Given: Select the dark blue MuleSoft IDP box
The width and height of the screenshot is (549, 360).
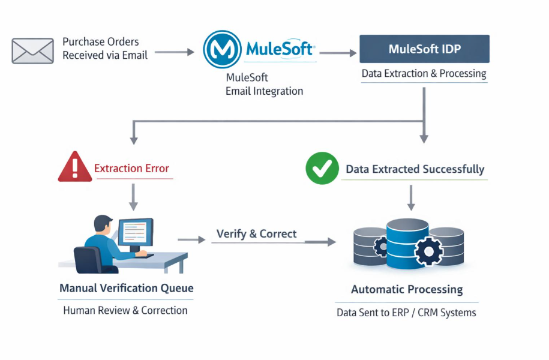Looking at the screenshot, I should pyautogui.click(x=424, y=49).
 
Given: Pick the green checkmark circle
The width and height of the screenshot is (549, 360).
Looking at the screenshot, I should pyautogui.click(x=322, y=168).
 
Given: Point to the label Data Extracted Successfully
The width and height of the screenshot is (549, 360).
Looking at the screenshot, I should pyautogui.click(x=415, y=169).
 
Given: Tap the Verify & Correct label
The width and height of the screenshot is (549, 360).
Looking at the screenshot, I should pyautogui.click(x=256, y=234).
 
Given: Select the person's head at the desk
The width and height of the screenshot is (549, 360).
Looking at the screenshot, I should pyautogui.click(x=103, y=226).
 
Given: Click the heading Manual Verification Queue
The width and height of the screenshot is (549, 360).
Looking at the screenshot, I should pyautogui.click(x=126, y=289).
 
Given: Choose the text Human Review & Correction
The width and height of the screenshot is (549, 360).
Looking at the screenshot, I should pyautogui.click(x=125, y=310).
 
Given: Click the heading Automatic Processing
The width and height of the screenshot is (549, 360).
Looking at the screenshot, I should pyautogui.click(x=407, y=290).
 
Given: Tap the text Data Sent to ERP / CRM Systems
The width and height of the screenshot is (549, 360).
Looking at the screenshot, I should pyautogui.click(x=406, y=313).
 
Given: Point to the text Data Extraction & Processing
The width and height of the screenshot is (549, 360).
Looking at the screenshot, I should pyautogui.click(x=424, y=74).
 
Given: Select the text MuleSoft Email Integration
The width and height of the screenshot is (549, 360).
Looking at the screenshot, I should pyautogui.click(x=264, y=85).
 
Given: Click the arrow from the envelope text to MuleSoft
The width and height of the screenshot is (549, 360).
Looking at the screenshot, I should pyautogui.click(x=173, y=52).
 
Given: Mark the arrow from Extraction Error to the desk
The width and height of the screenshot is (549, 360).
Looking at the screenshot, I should pyautogui.click(x=133, y=196).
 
